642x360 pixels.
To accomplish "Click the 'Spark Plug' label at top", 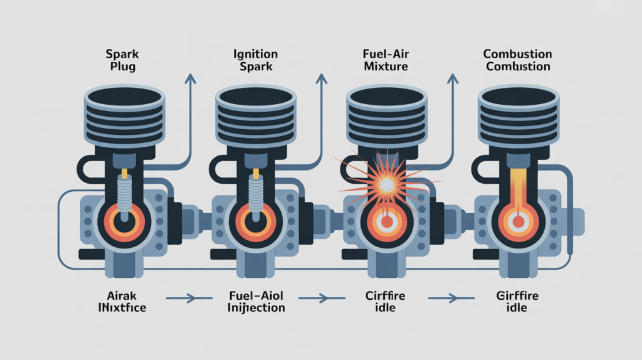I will tap(124, 60).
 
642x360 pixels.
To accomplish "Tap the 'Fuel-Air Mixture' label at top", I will tap(386, 60).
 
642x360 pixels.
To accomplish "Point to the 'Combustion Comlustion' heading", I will tap(518, 60).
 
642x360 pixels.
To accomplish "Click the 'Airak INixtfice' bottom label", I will tap(124, 302).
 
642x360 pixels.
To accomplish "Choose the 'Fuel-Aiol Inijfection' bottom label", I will tap(255, 302).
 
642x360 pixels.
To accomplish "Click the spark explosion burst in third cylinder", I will tap(385, 183).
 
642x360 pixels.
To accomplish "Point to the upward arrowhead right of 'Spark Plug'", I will tap(190, 78).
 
